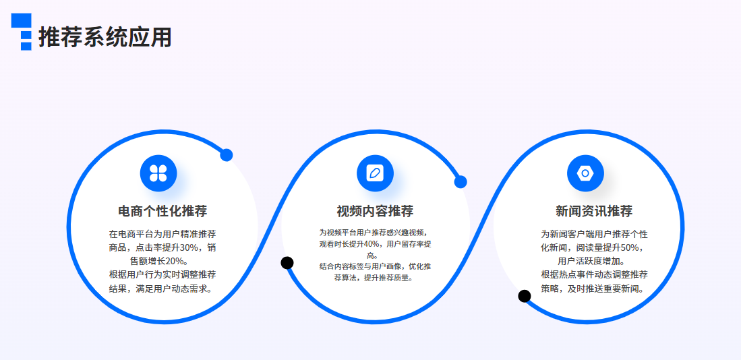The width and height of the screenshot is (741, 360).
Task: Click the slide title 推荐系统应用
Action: (105, 37)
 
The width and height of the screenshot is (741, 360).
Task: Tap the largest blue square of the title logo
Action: (22, 20)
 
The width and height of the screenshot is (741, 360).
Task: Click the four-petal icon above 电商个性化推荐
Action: (158, 173)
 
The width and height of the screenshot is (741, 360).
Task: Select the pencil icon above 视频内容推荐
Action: (375, 173)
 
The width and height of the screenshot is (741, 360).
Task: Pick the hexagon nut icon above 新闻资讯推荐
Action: (585, 173)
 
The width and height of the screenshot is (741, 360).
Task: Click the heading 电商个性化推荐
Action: (162, 211)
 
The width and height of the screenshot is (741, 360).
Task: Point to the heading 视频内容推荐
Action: (375, 211)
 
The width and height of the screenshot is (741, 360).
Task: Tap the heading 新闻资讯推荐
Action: (594, 211)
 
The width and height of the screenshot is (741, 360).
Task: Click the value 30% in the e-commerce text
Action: (189, 247)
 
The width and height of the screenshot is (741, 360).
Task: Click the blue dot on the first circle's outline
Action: (227, 155)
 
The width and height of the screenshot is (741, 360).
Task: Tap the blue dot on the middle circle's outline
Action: (461, 182)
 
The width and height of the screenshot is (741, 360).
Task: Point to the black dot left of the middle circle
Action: (287, 263)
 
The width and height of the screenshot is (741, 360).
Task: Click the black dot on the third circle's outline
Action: (524, 296)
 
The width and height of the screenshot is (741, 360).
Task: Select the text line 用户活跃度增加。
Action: (594, 261)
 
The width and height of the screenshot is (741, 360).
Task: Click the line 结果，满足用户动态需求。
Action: (162, 288)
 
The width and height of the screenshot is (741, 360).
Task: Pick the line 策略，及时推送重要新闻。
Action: (594, 288)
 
